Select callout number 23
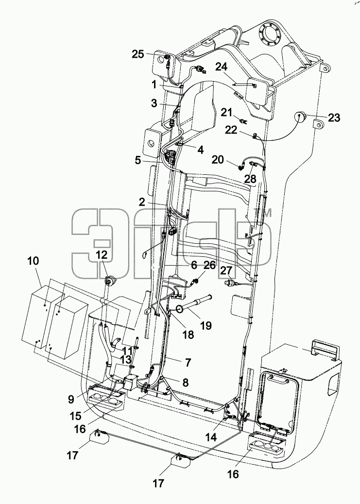(334, 118)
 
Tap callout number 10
(33, 261)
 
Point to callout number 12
(102, 255)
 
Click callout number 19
(206, 326)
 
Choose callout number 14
(211, 437)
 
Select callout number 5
(137, 160)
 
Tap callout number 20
(218, 159)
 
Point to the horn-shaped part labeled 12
(109, 282)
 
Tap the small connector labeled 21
(244, 121)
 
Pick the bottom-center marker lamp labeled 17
(180, 461)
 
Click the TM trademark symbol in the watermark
(267, 213)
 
